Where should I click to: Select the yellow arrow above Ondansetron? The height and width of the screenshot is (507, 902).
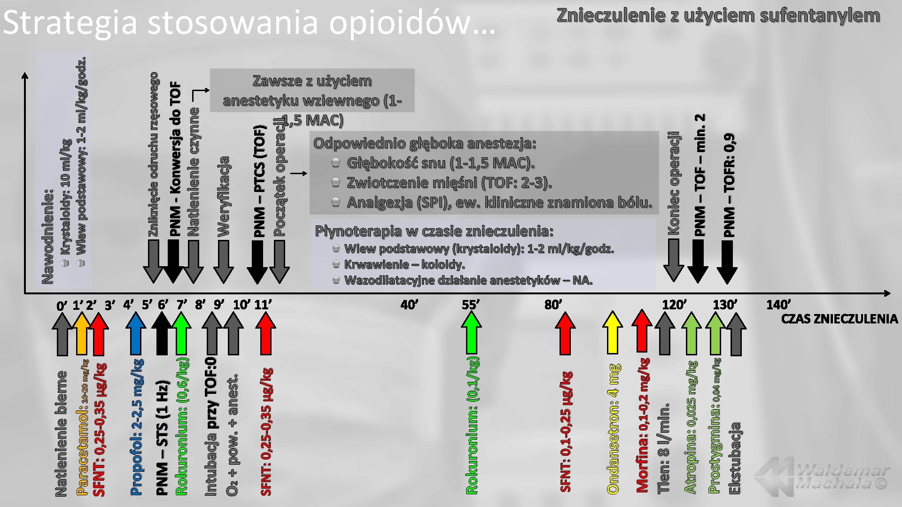(x=612, y=332)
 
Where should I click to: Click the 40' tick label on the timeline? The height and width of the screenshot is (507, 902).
(x=409, y=305)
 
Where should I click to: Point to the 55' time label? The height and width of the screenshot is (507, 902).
(x=470, y=305)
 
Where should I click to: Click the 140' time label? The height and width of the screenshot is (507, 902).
(x=778, y=305)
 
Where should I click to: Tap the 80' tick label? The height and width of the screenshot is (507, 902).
(x=553, y=305)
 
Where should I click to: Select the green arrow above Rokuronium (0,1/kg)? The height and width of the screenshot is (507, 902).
(x=472, y=332)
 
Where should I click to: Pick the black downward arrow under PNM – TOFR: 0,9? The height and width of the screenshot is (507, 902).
(x=727, y=261)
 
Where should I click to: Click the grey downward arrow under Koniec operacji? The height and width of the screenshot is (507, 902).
(x=673, y=260)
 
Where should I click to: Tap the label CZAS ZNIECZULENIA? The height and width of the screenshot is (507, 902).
(x=839, y=319)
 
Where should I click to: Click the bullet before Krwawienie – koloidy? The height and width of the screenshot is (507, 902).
(x=336, y=264)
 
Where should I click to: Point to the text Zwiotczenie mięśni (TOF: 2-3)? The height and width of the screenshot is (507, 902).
(x=449, y=183)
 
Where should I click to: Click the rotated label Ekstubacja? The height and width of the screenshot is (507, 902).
(x=735, y=458)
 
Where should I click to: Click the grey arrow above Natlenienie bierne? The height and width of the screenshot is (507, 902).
(x=62, y=334)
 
